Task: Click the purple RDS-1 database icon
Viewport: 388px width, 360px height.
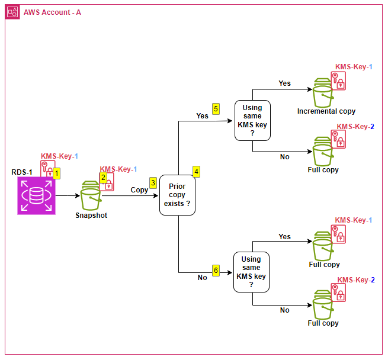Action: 36,195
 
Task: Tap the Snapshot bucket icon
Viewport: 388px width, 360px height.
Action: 91,196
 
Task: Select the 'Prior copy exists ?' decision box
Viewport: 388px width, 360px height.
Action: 178,195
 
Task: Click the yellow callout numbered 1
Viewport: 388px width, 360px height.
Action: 57,173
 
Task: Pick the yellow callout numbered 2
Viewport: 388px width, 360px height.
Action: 103,178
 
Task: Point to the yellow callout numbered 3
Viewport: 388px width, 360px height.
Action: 153,183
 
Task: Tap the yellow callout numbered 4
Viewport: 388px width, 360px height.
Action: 196,172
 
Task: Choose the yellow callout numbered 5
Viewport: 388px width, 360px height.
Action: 216,108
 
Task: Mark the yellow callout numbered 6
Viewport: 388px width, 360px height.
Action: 216,271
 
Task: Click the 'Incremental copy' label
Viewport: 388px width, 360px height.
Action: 326,111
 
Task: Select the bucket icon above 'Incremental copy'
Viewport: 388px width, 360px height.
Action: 323,93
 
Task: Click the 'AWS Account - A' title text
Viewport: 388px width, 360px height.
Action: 52,12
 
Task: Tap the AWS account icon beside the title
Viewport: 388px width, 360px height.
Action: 12,12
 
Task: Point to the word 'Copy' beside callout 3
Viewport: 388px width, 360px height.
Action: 139,190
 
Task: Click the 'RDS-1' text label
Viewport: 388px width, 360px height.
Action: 22,172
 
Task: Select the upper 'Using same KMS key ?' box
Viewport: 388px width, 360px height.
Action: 252,121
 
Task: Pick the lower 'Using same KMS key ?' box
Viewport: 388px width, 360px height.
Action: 251,272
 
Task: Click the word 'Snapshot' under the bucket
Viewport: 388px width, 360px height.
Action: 91,216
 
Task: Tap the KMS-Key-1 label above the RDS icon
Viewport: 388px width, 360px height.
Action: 59,156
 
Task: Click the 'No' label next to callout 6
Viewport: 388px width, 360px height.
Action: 203,278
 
